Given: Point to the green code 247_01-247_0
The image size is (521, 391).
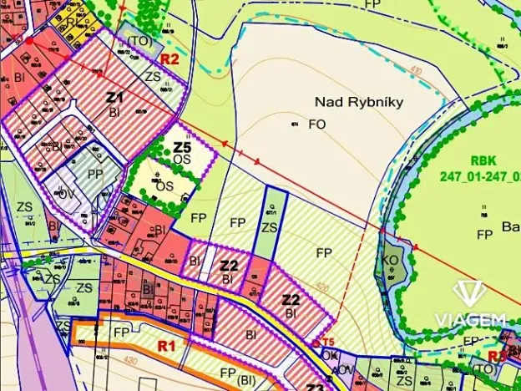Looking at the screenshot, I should pyautogui.click(x=479, y=177).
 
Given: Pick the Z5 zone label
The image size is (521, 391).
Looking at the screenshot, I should pyautogui.click(x=184, y=147).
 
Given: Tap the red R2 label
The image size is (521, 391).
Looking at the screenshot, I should pyautogui.click(x=170, y=58).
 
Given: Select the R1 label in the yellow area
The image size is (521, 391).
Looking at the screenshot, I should pyautogui.click(x=165, y=344).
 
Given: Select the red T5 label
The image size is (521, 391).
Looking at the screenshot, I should pyautogui.click(x=328, y=343).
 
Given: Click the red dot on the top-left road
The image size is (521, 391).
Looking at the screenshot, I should pyautogui.click(x=29, y=39).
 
